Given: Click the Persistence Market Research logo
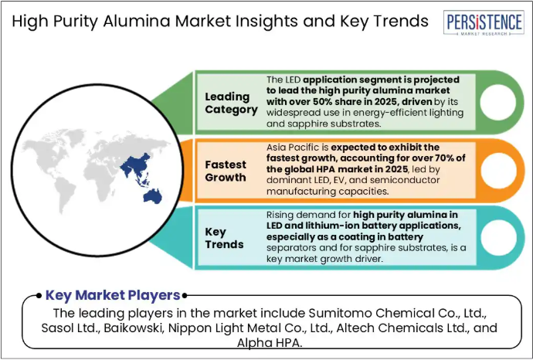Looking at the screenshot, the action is tap(484, 22).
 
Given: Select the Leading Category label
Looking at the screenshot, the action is tap(231, 103).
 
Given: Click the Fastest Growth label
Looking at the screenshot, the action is tap(226, 171).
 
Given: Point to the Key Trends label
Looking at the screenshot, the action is tap(224, 238).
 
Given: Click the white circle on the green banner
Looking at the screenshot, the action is tap(498, 102).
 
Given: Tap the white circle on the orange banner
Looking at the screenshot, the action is tap(499, 170).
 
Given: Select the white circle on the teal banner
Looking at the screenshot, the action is tap(499, 238).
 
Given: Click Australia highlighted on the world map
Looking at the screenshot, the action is tap(153, 196).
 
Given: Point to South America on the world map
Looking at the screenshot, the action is tap(65, 195).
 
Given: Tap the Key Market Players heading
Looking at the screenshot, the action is tap(113, 295).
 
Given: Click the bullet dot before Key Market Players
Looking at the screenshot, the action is tap(39, 295).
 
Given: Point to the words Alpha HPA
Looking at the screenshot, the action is tap(270, 343).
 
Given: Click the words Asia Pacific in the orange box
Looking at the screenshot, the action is tap(294, 148).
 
